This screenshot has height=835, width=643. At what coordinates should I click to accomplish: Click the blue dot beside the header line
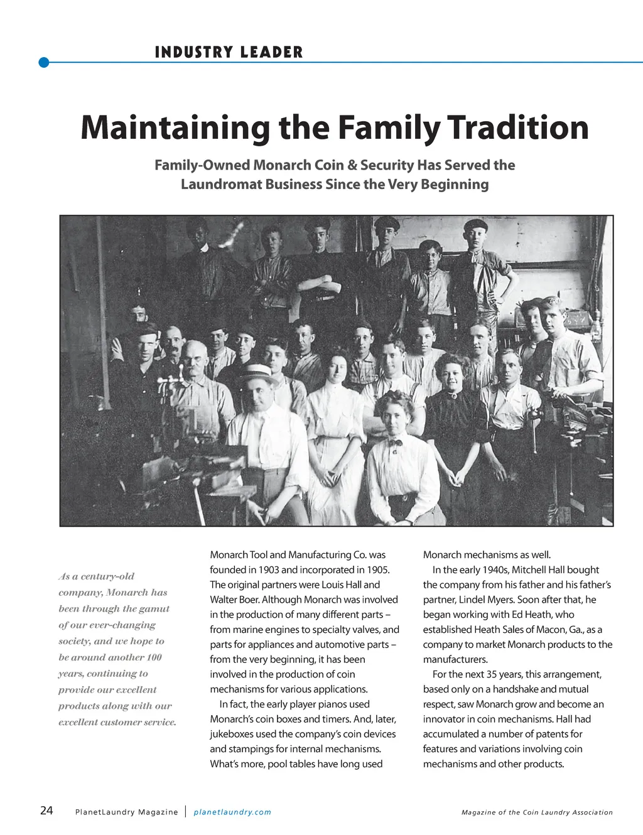pyautogui.click(x=43, y=62)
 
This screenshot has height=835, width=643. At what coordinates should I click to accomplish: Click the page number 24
pyautogui.click(x=46, y=811)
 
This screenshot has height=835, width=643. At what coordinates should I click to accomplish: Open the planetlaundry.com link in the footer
pyautogui.click(x=232, y=812)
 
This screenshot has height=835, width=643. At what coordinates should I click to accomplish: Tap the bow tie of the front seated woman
pyautogui.click(x=395, y=443)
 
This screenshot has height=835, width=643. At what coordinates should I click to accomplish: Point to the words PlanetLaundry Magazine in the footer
pyautogui.click(x=126, y=812)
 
